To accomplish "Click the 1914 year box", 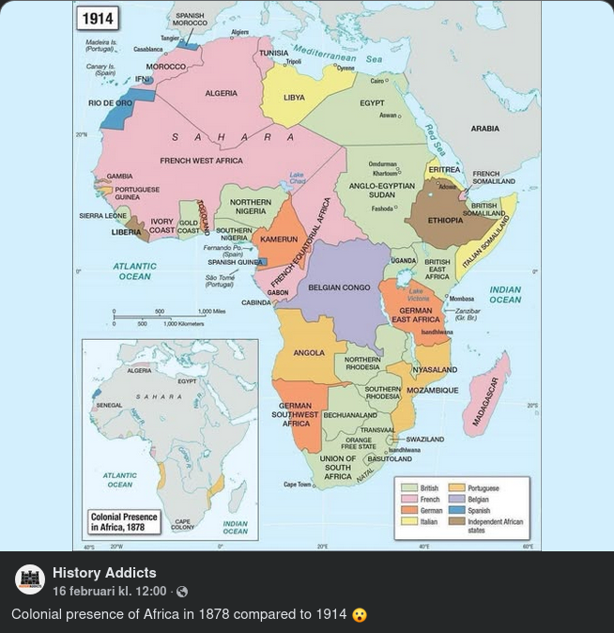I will [98, 18].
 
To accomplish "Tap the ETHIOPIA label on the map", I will [445, 221].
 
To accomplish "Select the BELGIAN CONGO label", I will [339, 287].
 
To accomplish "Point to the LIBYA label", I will [294, 98].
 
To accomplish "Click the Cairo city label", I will [377, 82].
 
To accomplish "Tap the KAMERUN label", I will [278, 239].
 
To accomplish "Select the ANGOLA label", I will [309, 353].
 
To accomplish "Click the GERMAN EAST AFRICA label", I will [416, 315].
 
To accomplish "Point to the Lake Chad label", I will [297, 178].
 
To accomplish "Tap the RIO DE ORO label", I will [110, 103].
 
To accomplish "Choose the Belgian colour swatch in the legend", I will [457, 500].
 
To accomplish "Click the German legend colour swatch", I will [408, 511].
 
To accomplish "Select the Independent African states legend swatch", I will [457, 522].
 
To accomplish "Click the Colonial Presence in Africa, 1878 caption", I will [124, 522].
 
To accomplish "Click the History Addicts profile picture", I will [30, 580].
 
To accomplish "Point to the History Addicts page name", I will [104, 573].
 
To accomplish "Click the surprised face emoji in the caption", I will [360, 614].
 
